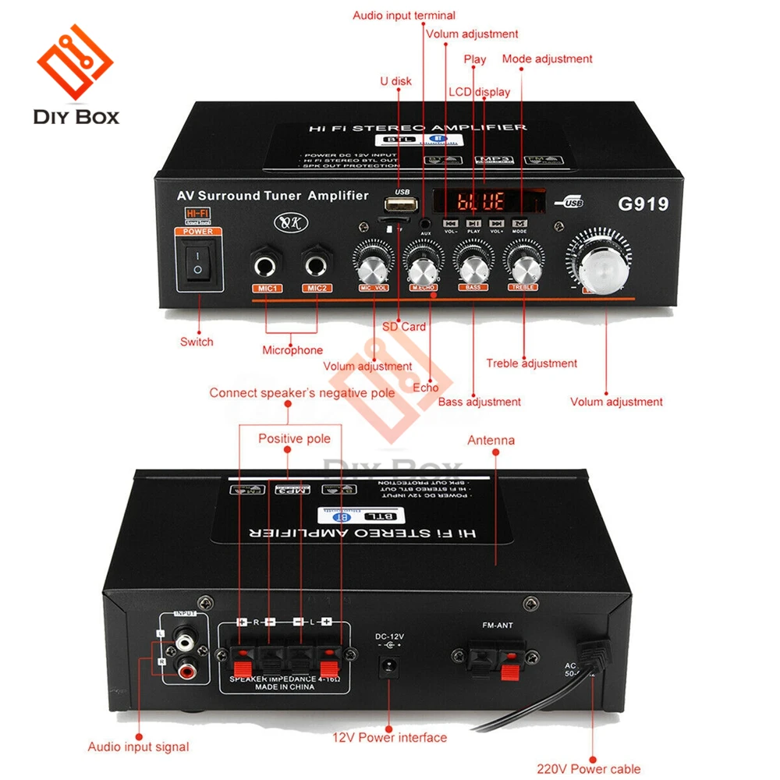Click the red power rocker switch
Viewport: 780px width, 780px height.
click(198, 262)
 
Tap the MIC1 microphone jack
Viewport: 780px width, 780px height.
click(266, 265)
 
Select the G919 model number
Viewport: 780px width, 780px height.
click(643, 204)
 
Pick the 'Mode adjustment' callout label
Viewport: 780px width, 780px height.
click(547, 59)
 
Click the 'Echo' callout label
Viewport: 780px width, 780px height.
click(426, 388)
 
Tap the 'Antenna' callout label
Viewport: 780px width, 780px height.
click(491, 441)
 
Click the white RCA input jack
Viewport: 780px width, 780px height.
click(186, 643)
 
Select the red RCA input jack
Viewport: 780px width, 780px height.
click(186, 669)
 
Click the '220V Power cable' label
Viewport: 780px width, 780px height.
click(588, 769)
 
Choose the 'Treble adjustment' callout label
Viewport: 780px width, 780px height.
click(531, 363)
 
